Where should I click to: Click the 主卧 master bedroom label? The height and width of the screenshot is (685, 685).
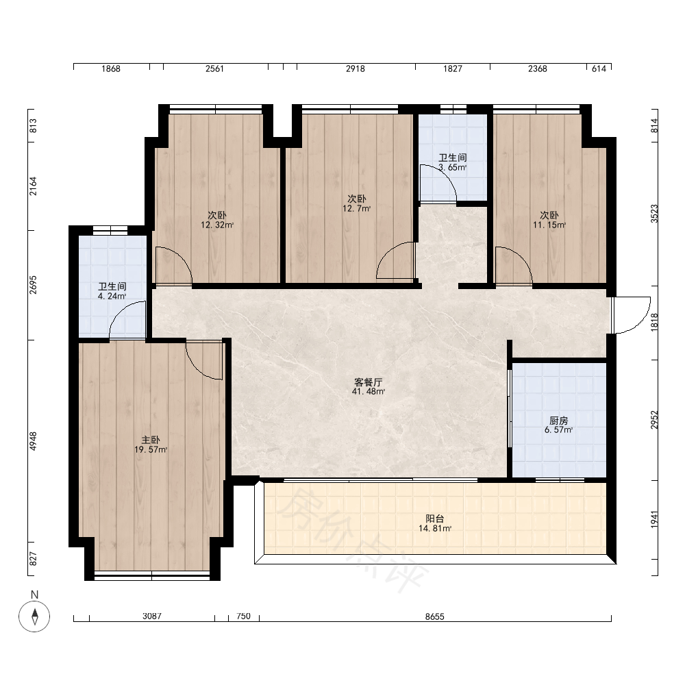click(150, 440)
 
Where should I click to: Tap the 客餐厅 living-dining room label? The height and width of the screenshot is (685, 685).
click(369, 382)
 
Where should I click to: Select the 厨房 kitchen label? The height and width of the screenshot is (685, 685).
click(558, 421)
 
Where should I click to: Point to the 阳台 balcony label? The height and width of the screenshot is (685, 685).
click(435, 519)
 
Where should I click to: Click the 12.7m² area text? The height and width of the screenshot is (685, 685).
click(356, 208)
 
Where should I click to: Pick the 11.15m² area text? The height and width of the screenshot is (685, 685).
click(549, 225)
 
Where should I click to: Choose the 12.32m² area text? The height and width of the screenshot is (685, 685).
click(217, 225)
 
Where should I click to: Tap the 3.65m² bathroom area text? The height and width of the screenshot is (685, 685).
click(453, 167)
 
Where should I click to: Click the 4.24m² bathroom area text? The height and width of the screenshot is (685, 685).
click(112, 296)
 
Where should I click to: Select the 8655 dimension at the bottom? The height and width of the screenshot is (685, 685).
click(435, 616)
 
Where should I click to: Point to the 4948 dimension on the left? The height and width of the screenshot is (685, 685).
click(33, 440)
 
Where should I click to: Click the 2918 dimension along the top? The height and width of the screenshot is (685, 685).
click(355, 68)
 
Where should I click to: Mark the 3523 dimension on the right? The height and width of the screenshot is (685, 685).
click(654, 214)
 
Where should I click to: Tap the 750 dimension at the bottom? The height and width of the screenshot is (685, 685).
click(243, 616)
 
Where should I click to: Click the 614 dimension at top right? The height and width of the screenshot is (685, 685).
click(599, 68)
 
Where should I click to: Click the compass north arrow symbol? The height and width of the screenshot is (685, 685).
click(34, 616)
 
